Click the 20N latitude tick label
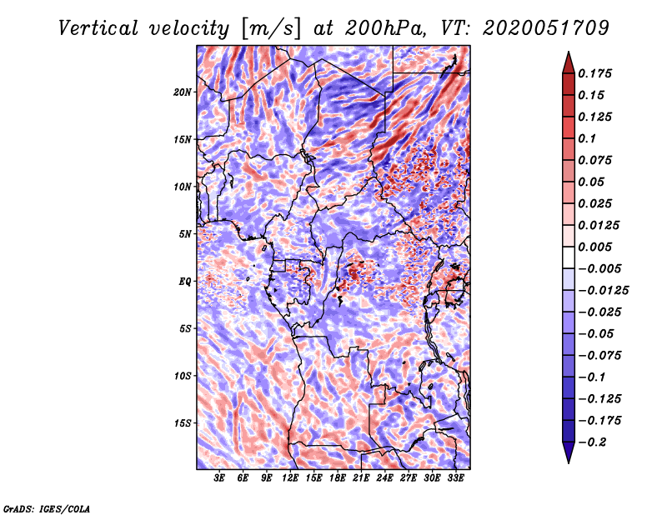[183, 92]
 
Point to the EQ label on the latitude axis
[186, 282]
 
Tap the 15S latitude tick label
[183, 423]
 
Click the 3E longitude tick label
[220, 478]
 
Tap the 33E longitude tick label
[456, 478]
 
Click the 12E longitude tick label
[291, 478]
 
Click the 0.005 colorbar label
[597, 247]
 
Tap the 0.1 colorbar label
[588, 138]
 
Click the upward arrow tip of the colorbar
[568, 54]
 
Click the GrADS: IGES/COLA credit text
[47, 507]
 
